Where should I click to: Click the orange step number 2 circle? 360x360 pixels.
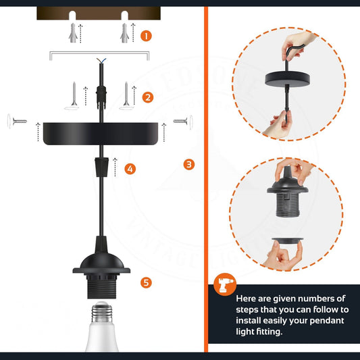point(147,97)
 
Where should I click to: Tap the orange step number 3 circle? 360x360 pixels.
point(189,163)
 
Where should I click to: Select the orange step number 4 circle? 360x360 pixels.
point(130,168)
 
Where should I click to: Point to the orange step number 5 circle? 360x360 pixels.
point(147,282)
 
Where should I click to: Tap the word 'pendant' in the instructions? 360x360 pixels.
point(323,319)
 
